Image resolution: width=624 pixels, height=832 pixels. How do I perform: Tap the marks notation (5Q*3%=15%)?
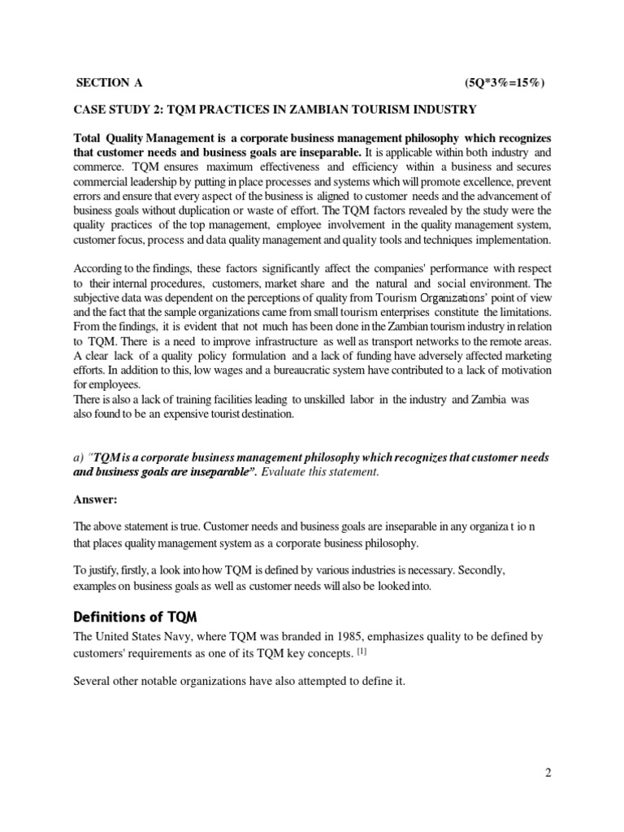pos(504,83)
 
